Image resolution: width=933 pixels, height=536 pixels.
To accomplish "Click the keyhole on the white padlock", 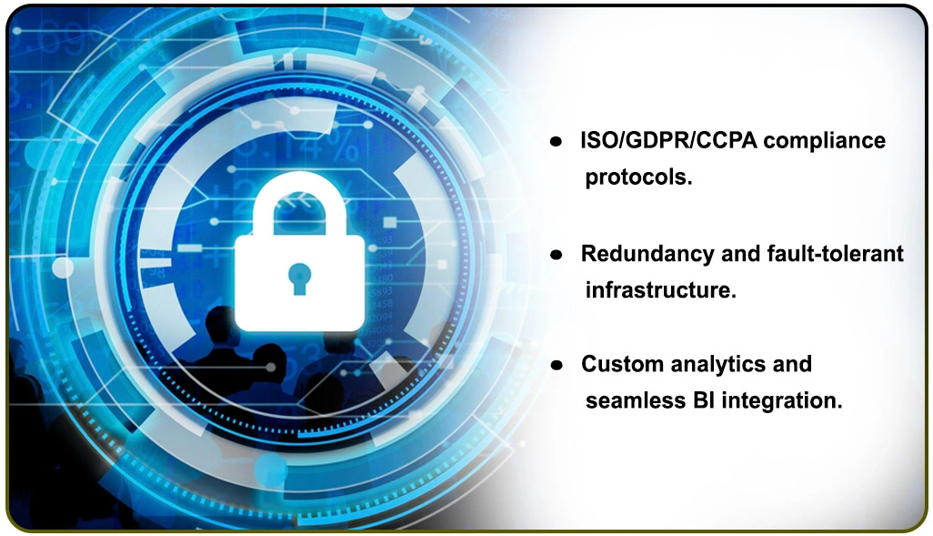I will click(297, 277).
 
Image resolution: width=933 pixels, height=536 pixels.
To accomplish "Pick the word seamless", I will click(629, 400).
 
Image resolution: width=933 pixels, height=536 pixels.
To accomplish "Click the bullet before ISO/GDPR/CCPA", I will click(555, 142).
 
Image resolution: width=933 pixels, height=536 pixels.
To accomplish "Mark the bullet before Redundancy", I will click(555, 256).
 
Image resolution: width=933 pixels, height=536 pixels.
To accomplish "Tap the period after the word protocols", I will click(690, 182).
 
